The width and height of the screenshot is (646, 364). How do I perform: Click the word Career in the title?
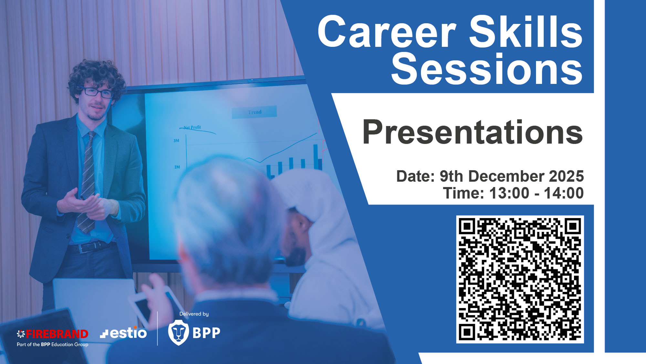pos(387,32)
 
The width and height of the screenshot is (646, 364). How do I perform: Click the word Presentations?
pos(473,132)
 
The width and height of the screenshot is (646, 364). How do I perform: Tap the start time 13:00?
pos(509,193)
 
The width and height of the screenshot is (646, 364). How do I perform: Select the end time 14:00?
pos(564,193)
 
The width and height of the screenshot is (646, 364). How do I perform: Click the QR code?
pos(520,279)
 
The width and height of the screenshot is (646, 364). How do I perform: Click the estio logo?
pos(123,333)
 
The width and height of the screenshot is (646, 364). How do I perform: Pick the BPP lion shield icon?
pos(178,332)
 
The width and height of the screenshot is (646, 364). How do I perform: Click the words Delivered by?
pos(194,314)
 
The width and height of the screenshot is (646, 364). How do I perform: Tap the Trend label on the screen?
pos(255,112)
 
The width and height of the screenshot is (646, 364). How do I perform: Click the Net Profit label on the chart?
pos(192,127)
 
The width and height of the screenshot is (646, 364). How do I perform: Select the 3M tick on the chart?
pos(176,140)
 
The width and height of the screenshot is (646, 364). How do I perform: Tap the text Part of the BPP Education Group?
pos(52,345)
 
